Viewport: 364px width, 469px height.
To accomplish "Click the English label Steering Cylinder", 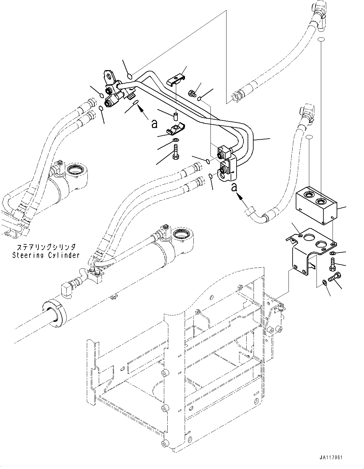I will tap(46, 255).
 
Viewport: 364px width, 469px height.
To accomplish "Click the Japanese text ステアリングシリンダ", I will tap(46, 247).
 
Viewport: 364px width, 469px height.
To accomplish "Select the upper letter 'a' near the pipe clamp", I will tap(154, 124).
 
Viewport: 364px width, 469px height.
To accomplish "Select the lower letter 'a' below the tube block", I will tap(233, 187).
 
